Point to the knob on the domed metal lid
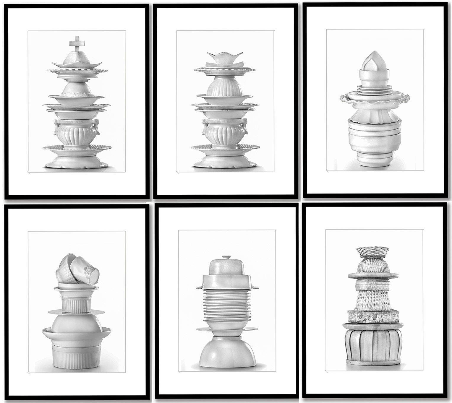pos(226,257)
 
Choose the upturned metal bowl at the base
pos(227,352)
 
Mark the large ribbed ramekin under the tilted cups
pos(77,356)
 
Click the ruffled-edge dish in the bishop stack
pos(375,100)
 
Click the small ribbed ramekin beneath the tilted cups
pos(77,303)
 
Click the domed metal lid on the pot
pos(226,266)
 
